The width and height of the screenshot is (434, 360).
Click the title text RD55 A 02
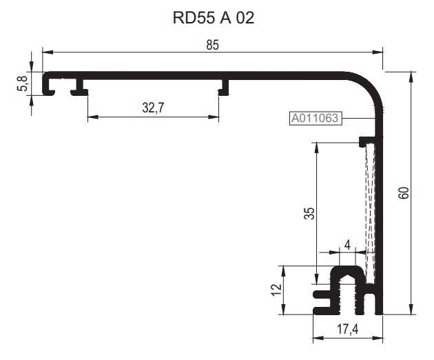[x=214, y=18]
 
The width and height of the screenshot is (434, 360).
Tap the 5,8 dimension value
[x=23, y=83]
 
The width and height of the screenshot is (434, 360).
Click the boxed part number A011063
[x=315, y=118]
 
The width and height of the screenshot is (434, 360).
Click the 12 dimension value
[x=276, y=290]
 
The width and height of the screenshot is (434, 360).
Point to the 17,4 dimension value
[x=348, y=330]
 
